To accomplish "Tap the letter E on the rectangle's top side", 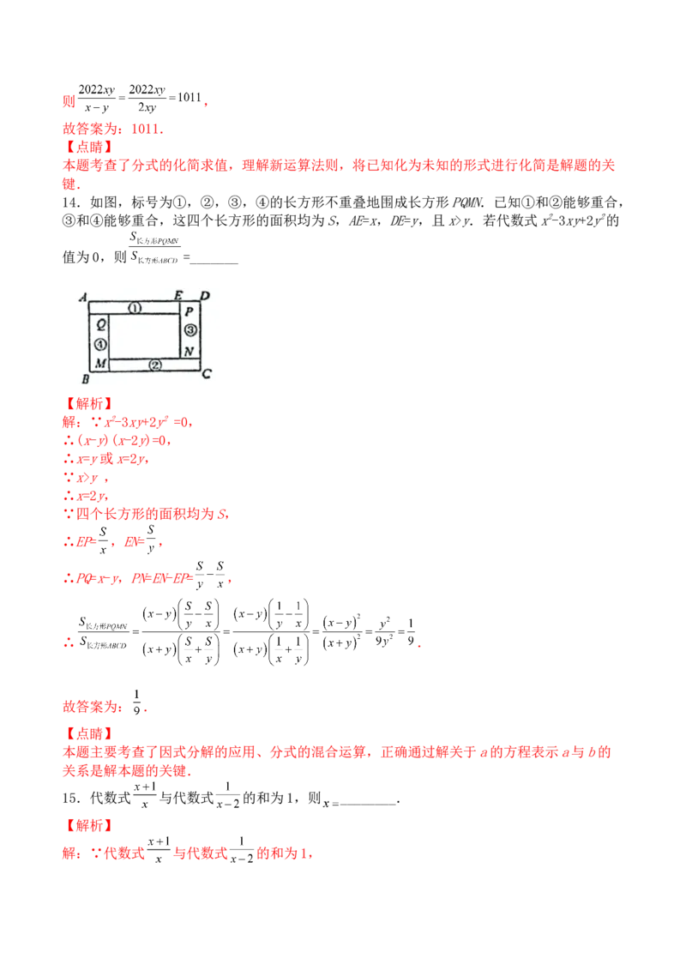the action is (x=178, y=296).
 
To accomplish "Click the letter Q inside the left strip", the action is (x=100, y=324).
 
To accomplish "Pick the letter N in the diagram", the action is (x=189, y=352).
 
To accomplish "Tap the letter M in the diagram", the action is (x=100, y=364).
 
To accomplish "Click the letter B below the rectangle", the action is (x=84, y=378).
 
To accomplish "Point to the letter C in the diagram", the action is (x=206, y=374).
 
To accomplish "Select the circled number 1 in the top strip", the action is (x=134, y=307).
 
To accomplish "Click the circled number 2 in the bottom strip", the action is (x=155, y=365).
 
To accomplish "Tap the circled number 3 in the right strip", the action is (x=190, y=330).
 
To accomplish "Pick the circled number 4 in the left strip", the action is (x=99, y=344).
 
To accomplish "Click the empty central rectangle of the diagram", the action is (x=144, y=335).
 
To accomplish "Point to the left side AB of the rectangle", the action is (x=89, y=336).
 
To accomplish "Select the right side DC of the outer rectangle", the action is (x=200, y=336).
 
